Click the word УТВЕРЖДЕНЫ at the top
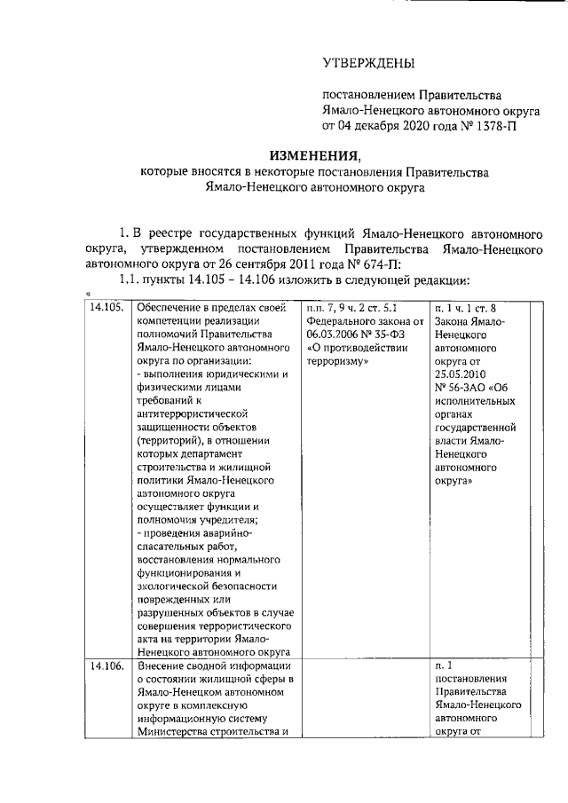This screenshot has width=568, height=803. (x=367, y=64)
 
